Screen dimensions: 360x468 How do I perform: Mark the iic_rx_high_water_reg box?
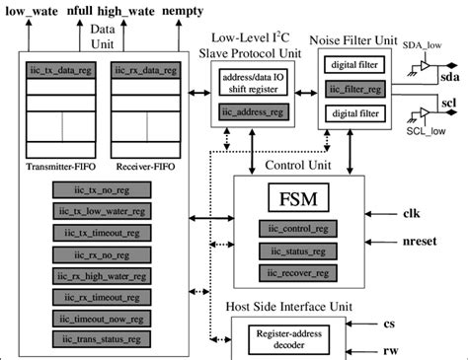[103, 276]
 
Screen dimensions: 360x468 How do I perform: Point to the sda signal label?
[450, 76]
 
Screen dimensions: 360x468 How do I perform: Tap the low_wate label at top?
[32, 12]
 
